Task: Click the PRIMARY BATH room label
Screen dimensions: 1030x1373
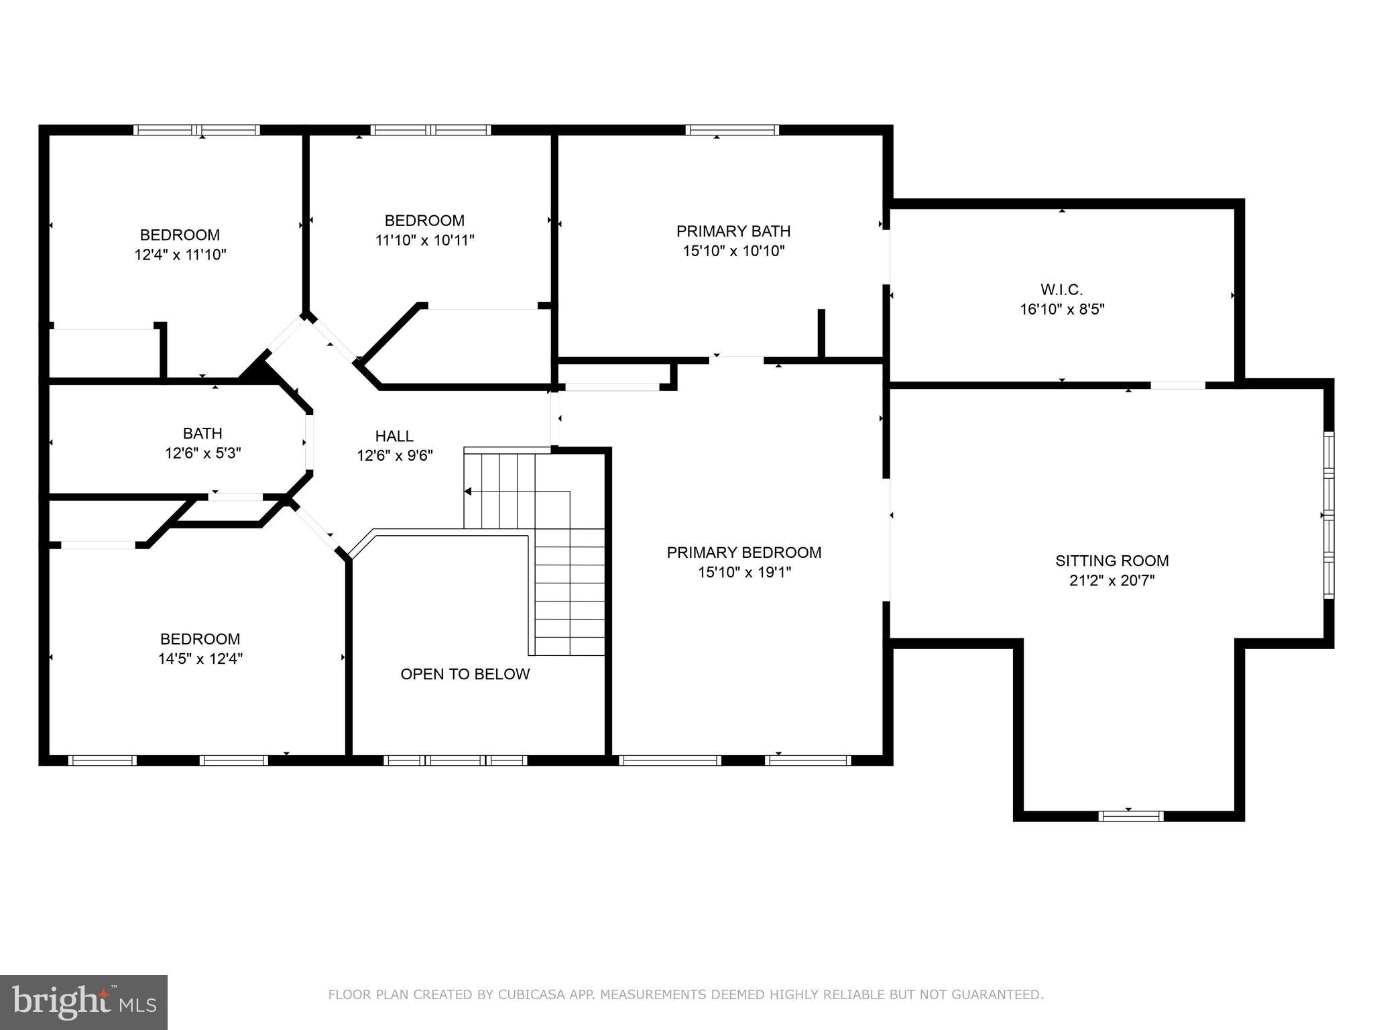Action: point(733,231)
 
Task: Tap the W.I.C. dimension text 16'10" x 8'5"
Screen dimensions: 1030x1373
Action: point(1062,309)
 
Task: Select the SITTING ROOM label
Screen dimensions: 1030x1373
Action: point(1112,561)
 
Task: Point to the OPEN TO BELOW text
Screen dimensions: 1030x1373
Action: point(465,674)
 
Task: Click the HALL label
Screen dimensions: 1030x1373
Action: point(394,437)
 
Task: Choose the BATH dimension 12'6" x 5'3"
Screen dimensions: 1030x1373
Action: point(203,453)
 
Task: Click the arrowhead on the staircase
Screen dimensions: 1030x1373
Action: point(468,492)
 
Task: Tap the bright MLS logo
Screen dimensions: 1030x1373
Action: point(83,1002)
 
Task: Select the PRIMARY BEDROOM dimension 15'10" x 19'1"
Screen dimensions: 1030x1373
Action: point(744,572)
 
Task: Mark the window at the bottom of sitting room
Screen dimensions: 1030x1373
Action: point(1130,815)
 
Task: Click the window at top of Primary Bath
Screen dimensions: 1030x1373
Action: point(731,130)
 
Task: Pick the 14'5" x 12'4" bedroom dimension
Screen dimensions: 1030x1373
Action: point(200,659)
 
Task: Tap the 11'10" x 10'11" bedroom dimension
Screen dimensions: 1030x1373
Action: point(424,240)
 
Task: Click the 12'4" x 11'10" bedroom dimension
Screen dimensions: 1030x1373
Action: point(180,255)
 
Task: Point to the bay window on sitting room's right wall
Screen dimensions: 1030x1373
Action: point(1328,515)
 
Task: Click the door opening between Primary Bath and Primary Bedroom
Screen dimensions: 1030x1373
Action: point(737,360)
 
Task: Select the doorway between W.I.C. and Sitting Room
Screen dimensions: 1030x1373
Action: point(1177,385)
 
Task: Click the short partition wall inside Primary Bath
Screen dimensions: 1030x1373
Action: point(821,333)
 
